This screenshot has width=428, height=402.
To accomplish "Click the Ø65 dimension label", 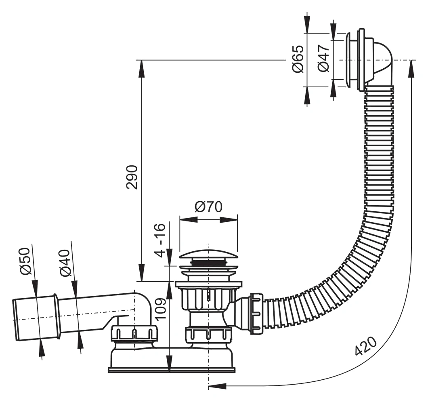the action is click(x=298, y=59).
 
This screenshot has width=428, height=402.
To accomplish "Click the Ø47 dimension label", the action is click(x=323, y=58).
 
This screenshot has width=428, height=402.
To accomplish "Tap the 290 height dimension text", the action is click(x=132, y=177).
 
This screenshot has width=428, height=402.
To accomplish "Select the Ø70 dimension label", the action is click(x=208, y=207).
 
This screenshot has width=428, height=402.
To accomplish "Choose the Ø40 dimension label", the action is click(x=65, y=263).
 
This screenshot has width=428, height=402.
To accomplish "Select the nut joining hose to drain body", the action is click(x=256, y=313).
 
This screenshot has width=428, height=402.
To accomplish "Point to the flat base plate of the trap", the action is click(x=172, y=370).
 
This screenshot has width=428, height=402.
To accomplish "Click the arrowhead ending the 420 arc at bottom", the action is click(x=217, y=386).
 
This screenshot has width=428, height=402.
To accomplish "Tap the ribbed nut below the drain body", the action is click(x=208, y=335).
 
